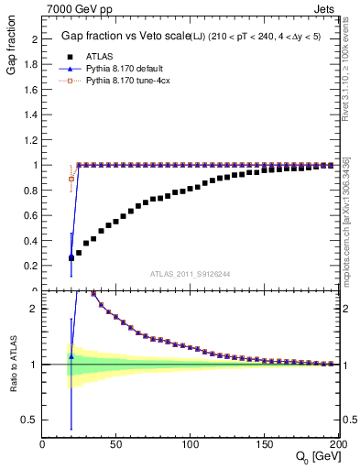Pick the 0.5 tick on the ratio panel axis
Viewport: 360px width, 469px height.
coord(30,420)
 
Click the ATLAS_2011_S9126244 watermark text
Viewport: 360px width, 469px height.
coord(191,273)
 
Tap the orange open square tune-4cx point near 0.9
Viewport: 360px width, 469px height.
coord(71,179)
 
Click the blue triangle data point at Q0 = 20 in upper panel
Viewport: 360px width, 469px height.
coord(71,257)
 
